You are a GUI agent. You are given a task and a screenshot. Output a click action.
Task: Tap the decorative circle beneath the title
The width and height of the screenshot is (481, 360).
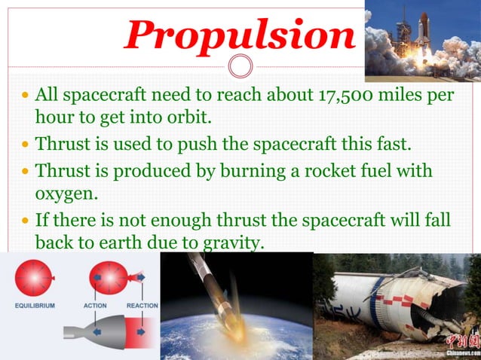pos(240,67)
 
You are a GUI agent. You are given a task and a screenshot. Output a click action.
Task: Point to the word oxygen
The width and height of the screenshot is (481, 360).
pos(64,194)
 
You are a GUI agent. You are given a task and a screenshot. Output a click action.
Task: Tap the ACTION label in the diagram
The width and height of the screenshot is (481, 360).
pos(94,305)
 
